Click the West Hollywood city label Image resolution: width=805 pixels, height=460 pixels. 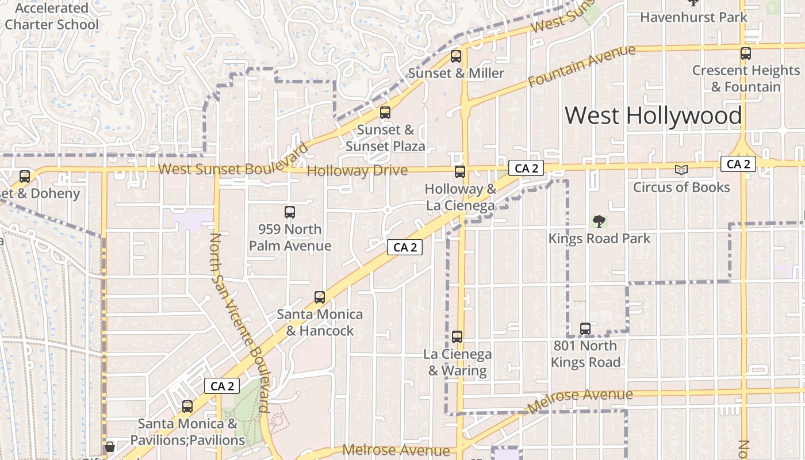coord(653,116)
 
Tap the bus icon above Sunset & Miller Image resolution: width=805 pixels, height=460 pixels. coord(456,56)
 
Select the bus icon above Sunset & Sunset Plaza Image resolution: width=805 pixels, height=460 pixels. coord(385,113)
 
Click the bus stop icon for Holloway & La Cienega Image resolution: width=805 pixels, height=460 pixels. coord(460,171)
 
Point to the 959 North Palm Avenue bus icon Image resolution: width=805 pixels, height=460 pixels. coord(290,212)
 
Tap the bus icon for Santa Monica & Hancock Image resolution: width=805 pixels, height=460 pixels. coord(320,297)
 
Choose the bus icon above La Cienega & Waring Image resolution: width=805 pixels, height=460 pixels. coord(457,337)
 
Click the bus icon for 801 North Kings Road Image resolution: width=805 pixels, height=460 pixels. coord(585,329)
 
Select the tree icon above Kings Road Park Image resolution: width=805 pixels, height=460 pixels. coord(599,221)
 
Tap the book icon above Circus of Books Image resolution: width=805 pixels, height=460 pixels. coord(681,170)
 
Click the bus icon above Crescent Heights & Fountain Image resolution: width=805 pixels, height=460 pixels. coord(746,53)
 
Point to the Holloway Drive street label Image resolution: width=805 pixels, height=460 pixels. coord(357,171)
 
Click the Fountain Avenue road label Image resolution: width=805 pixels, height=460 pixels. coord(581,66)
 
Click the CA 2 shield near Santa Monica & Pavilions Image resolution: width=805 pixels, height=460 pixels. coord(222,386)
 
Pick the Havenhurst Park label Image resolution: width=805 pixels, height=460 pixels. coord(693,17)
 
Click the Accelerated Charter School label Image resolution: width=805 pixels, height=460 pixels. coord(52,17)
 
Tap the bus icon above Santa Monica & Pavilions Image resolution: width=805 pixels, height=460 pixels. coord(187,407)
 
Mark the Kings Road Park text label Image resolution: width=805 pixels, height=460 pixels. coord(599,239)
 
